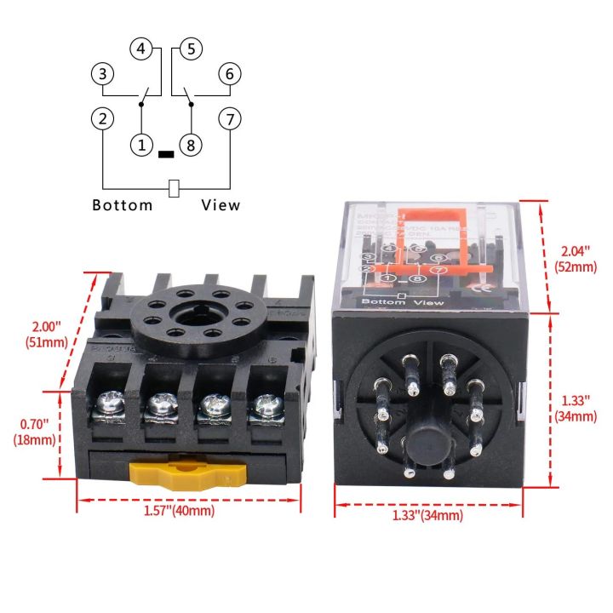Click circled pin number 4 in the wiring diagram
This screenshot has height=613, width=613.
tap(141, 49)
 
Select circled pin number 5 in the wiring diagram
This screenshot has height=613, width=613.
tap(191, 49)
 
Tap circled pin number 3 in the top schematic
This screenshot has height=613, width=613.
tap(102, 75)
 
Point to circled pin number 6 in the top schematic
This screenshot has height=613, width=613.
tap(229, 75)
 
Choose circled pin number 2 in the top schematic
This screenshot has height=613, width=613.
tap(102, 118)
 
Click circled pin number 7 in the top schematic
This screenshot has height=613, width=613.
tap(229, 118)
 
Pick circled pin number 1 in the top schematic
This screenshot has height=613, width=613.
tap(141, 146)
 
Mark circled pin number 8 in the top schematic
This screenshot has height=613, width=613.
tap(191, 146)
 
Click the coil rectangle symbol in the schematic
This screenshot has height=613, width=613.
tap(174, 188)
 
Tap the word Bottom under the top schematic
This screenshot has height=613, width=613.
tap(123, 205)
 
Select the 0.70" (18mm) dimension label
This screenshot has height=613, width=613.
tap(35, 432)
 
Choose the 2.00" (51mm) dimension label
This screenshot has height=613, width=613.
tap(35, 335)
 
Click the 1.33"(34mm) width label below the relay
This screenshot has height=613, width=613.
tap(427, 516)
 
